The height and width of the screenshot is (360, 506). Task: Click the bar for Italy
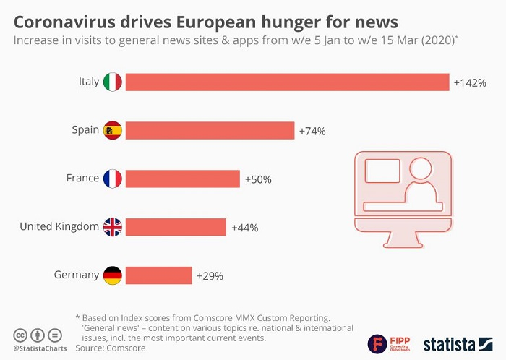click(287, 82)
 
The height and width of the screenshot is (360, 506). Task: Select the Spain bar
click(210, 130)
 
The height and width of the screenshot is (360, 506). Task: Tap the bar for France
click(182, 179)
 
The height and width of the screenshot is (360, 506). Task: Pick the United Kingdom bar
click(176, 227)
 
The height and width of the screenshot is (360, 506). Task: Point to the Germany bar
click(158, 275)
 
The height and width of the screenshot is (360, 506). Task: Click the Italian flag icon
click(113, 82)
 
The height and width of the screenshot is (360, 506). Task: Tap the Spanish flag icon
click(113, 130)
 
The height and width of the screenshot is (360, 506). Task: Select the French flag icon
click(113, 179)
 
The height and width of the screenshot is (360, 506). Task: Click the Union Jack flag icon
click(113, 227)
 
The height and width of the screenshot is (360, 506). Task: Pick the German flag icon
click(113, 275)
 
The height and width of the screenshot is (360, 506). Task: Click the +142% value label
click(470, 83)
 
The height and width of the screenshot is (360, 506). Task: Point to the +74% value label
click(312, 132)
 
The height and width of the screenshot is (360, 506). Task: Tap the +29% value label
click(210, 276)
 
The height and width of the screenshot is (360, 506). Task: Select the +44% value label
click(244, 228)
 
